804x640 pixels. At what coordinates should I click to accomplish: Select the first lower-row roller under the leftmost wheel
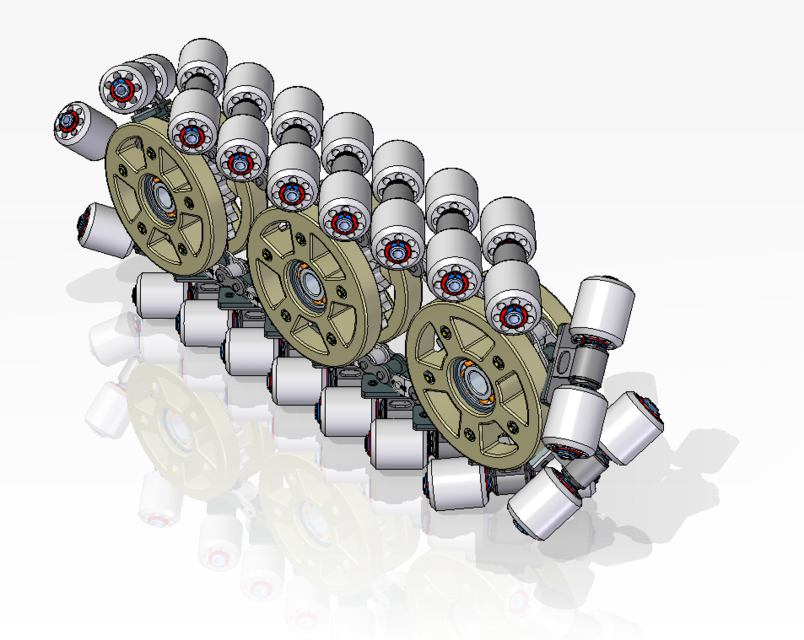coord(160,295)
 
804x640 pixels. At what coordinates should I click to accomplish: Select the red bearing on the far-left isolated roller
coord(69,123)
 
